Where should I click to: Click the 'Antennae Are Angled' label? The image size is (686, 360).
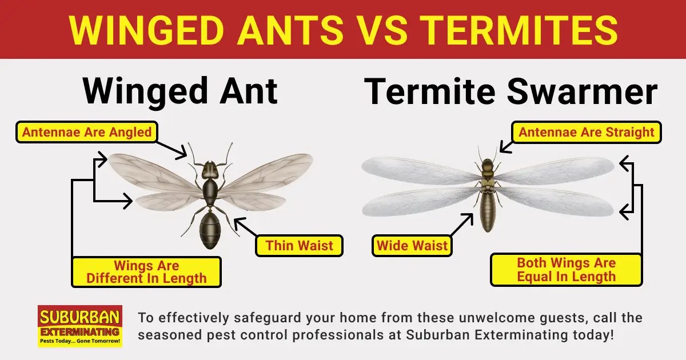click(x=87, y=133)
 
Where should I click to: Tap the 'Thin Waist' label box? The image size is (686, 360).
click(x=299, y=246)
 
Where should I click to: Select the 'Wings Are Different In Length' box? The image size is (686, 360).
click(x=146, y=272)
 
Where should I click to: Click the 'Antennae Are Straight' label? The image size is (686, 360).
click(x=586, y=133)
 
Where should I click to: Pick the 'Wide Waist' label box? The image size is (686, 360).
click(x=412, y=246)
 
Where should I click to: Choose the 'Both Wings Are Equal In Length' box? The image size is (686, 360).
click(x=566, y=270)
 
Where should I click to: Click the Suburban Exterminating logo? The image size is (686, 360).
click(x=79, y=326)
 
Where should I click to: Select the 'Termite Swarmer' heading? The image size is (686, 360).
click(x=510, y=91)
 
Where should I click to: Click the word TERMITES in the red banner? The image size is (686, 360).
click(x=532, y=29)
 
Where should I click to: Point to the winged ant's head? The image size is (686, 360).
click(x=210, y=169)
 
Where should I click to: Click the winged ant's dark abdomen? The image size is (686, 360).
click(x=210, y=229)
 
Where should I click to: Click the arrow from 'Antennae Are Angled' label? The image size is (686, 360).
click(x=174, y=148)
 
